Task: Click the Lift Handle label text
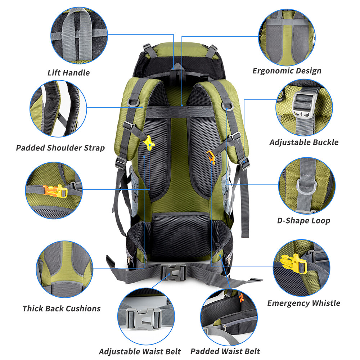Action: pyautogui.click(x=68, y=73)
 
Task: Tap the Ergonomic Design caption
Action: pyautogui.click(x=287, y=71)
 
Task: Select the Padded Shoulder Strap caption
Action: pyautogui.click(x=60, y=148)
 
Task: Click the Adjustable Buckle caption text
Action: pyautogui.click(x=304, y=142)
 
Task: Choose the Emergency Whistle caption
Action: pyautogui.click(x=303, y=303)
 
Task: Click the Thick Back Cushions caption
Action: pyautogui.click(x=61, y=309)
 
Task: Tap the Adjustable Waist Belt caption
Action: pyautogui.click(x=140, y=351)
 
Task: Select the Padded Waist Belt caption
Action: pyautogui.click(x=225, y=351)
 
